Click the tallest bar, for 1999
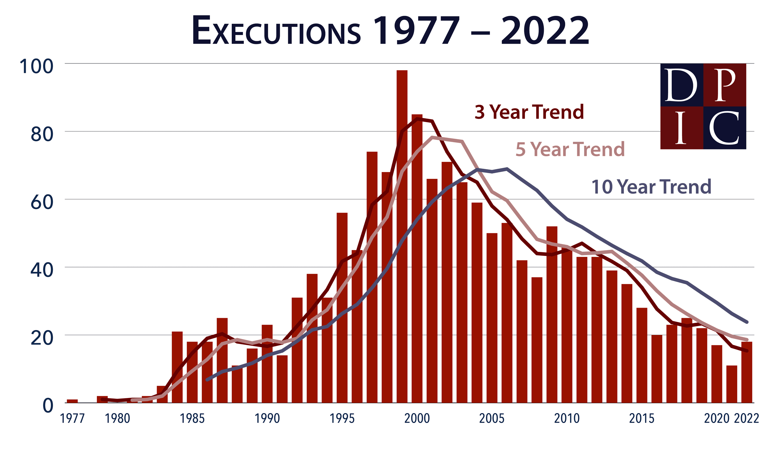click(402, 236)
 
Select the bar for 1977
click(72, 401)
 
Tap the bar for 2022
click(747, 372)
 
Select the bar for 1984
click(177, 367)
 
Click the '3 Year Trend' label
click(529, 112)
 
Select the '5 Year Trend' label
click(570, 149)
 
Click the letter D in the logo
click(681, 85)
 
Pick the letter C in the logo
click(724, 128)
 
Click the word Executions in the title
click(276, 31)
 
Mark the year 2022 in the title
click(545, 31)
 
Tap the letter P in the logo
click(725, 85)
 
